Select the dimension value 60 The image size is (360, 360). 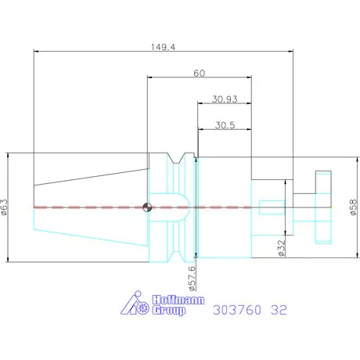199,73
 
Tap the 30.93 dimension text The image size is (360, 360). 225,100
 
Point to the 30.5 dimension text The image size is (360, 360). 225,124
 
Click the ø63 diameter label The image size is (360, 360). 6,207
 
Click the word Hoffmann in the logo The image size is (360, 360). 166,301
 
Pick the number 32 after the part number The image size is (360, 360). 279,310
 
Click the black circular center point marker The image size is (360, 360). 146,207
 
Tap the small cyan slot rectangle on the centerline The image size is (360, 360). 269,207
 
